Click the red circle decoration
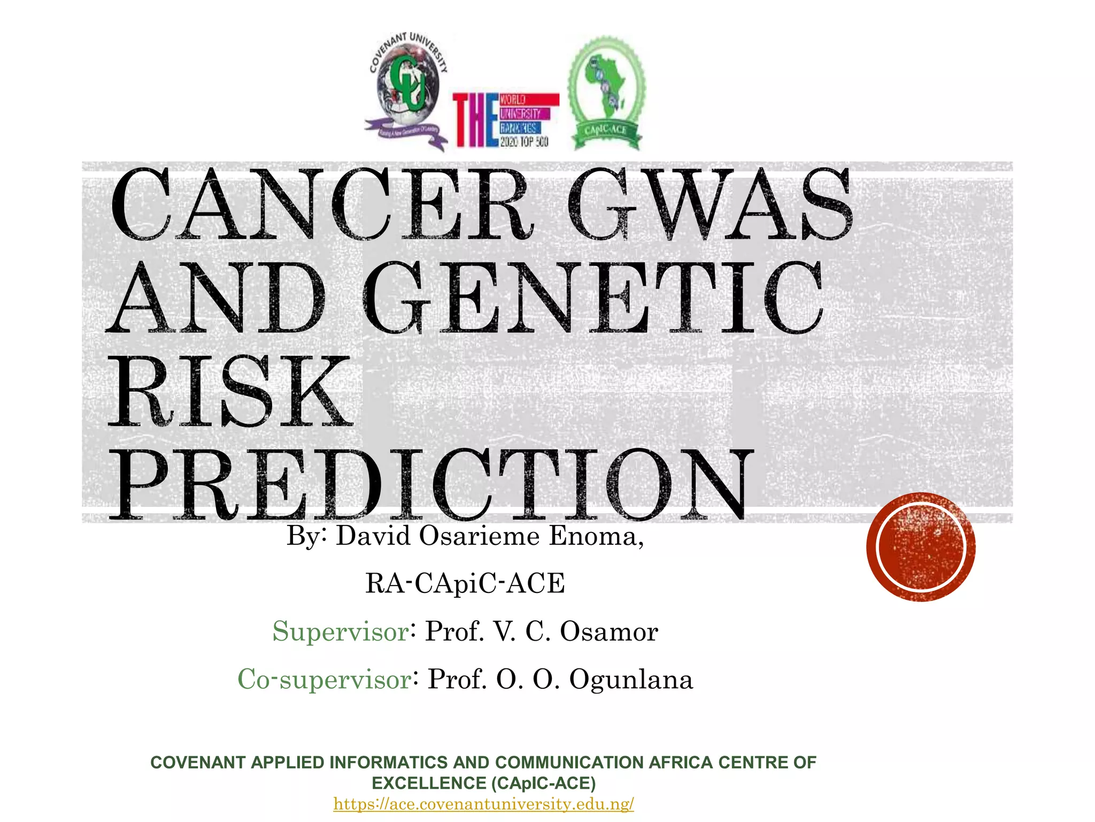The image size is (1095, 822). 921,547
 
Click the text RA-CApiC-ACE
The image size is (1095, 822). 465,583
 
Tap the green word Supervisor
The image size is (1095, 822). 341,631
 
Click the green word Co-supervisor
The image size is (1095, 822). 325,680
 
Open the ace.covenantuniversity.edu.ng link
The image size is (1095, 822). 483,804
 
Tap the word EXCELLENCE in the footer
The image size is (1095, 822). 429,783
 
